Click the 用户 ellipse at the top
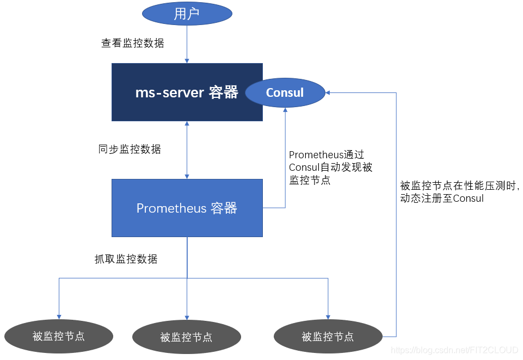tap(187, 14)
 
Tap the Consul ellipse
tap(285, 92)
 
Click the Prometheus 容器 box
tap(187, 208)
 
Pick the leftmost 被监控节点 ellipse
tap(58, 336)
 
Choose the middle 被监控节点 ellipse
tap(187, 337)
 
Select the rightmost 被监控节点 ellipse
tap(328, 337)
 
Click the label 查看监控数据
tap(132, 43)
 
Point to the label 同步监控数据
tap(130, 149)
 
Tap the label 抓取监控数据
tap(126, 259)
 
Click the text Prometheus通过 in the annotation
tap(326, 155)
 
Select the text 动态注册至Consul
tap(441, 198)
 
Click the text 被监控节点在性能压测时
tap(459, 186)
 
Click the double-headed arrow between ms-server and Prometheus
tap(187, 150)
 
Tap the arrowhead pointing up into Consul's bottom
tap(285, 109)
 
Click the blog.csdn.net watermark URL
tap(455, 351)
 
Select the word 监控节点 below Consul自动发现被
tap(310, 180)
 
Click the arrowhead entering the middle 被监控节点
tap(187, 317)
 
